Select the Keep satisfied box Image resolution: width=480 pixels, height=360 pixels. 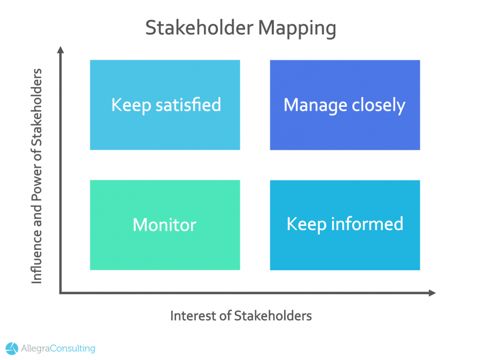click(165, 105)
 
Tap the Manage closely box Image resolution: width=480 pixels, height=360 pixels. click(344, 105)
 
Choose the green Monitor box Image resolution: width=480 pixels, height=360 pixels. click(165, 225)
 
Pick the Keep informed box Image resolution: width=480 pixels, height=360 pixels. click(344, 225)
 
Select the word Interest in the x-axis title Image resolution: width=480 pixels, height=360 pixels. click(190, 316)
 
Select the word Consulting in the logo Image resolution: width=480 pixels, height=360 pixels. click(74, 349)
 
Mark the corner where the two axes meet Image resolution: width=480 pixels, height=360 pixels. click(61, 293)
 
